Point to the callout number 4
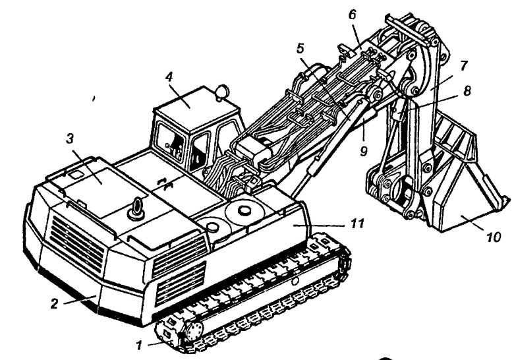tap(169, 76)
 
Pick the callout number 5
tap(300, 48)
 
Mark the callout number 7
tap(464, 65)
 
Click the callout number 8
tap(467, 91)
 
